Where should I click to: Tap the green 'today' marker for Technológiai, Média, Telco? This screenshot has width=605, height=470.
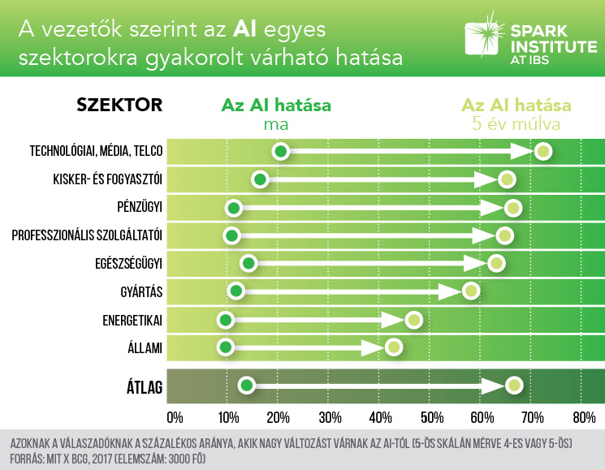[x=281, y=151]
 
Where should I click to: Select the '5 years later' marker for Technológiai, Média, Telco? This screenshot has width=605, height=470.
[x=543, y=152]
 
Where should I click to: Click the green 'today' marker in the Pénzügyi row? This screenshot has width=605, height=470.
[x=234, y=209]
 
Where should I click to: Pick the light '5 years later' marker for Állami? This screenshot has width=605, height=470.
[x=394, y=347]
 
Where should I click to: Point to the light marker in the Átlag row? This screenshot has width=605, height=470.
[x=514, y=386]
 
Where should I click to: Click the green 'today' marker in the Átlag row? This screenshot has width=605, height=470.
[x=247, y=386]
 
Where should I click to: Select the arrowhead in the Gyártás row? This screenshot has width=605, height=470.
[x=449, y=291]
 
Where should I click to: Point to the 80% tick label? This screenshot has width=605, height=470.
[x=584, y=419]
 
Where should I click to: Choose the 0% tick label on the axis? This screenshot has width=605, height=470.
[x=174, y=419]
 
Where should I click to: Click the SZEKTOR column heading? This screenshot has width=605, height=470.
[x=119, y=106]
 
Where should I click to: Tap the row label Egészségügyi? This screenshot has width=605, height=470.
[x=129, y=263]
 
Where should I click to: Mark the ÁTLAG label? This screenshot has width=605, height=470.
[x=140, y=388]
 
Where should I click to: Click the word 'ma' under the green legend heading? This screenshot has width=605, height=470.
[x=276, y=125]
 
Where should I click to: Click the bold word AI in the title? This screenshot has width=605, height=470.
[x=246, y=31]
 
